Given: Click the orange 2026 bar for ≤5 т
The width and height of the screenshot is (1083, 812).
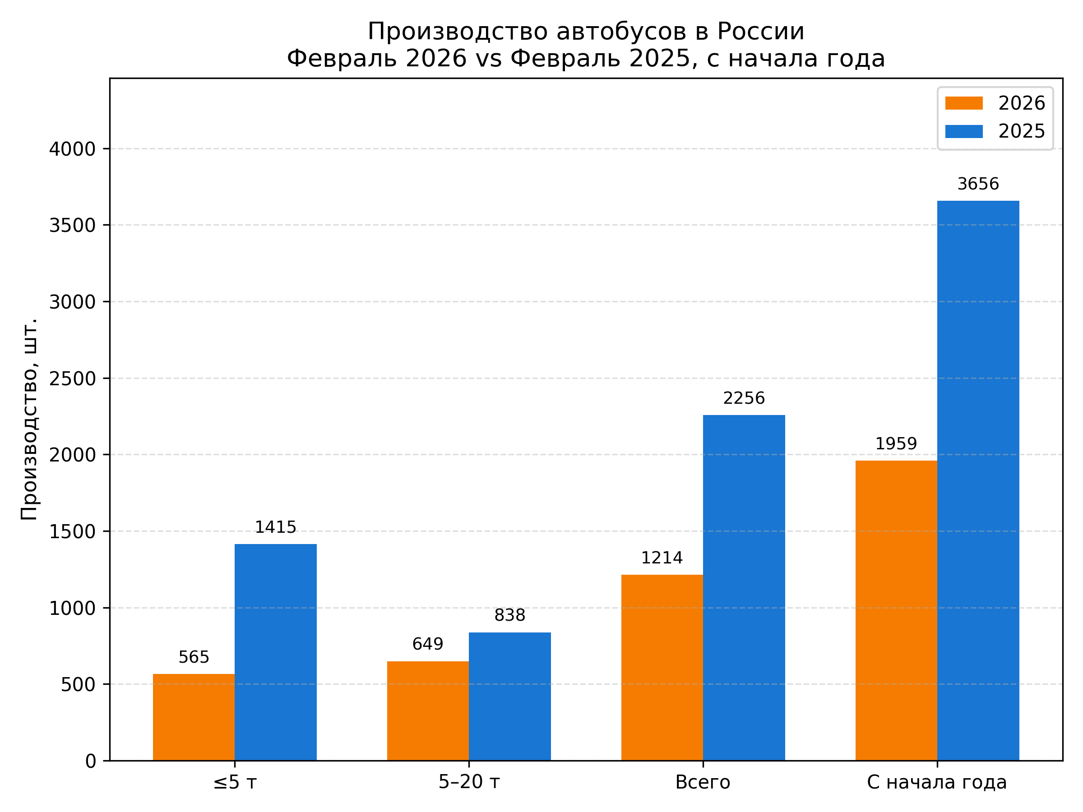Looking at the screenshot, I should click(194, 717).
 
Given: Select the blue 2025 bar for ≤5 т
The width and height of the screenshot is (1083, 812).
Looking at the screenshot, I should click(275, 652).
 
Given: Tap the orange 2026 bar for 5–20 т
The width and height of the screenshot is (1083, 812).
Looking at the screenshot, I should click(427, 710).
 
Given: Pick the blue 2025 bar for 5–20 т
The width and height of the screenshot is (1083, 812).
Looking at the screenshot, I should click(509, 696).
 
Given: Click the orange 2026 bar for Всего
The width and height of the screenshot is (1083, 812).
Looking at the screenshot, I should click(662, 668).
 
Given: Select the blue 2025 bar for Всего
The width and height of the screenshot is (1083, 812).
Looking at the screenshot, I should click(744, 588).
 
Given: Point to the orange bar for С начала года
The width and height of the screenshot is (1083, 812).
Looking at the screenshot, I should click(896, 610).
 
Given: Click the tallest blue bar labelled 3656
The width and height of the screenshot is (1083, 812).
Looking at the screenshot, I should click(978, 480).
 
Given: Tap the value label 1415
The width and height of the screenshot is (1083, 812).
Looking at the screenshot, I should click(275, 527).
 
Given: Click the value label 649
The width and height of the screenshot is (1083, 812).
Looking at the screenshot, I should click(427, 644).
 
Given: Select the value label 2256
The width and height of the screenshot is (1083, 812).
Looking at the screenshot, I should click(744, 398).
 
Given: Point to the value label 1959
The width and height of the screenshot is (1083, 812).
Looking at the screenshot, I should click(896, 444).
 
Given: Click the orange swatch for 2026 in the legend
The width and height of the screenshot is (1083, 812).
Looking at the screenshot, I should click(963, 103).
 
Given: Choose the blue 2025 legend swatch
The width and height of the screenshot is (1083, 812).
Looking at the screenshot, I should click(963, 131).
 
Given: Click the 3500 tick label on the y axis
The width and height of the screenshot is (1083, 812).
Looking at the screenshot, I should click(72, 226).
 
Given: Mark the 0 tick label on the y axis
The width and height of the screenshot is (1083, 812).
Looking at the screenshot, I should click(91, 761).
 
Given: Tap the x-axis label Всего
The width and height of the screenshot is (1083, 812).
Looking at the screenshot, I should click(703, 783).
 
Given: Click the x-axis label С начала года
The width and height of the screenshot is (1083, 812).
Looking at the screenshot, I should click(937, 783).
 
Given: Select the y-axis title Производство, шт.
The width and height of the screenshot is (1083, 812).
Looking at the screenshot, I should click(29, 419).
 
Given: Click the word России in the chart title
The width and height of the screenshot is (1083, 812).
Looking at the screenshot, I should click(760, 32).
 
